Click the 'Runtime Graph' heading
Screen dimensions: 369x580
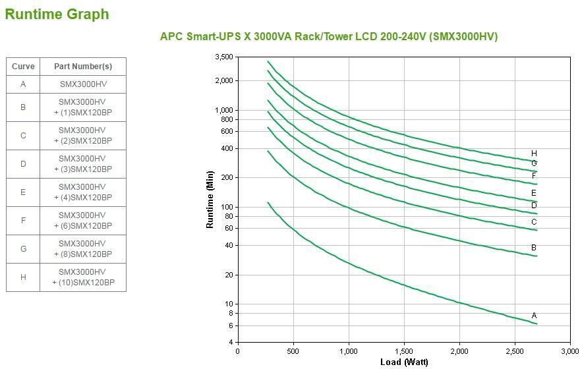57,14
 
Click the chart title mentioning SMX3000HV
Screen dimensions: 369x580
329,36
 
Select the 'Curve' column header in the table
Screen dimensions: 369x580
23,67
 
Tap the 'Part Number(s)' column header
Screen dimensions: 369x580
83,67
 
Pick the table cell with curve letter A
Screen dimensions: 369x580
23,84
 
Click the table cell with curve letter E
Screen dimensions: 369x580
23,192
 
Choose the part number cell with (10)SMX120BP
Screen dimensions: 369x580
83,277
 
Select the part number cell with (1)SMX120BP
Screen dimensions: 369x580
83,107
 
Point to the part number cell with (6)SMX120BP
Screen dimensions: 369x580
83,221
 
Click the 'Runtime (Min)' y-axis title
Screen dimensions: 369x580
210,199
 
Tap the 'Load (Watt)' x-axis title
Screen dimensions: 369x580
404,362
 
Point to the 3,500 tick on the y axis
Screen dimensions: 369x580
224,57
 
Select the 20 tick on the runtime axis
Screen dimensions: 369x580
228,275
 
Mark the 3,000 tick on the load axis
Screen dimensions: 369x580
569,351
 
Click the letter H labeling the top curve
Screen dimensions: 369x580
534,154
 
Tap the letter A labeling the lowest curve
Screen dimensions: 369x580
534,316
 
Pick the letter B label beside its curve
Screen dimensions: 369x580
534,248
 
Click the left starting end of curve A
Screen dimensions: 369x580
268,202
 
